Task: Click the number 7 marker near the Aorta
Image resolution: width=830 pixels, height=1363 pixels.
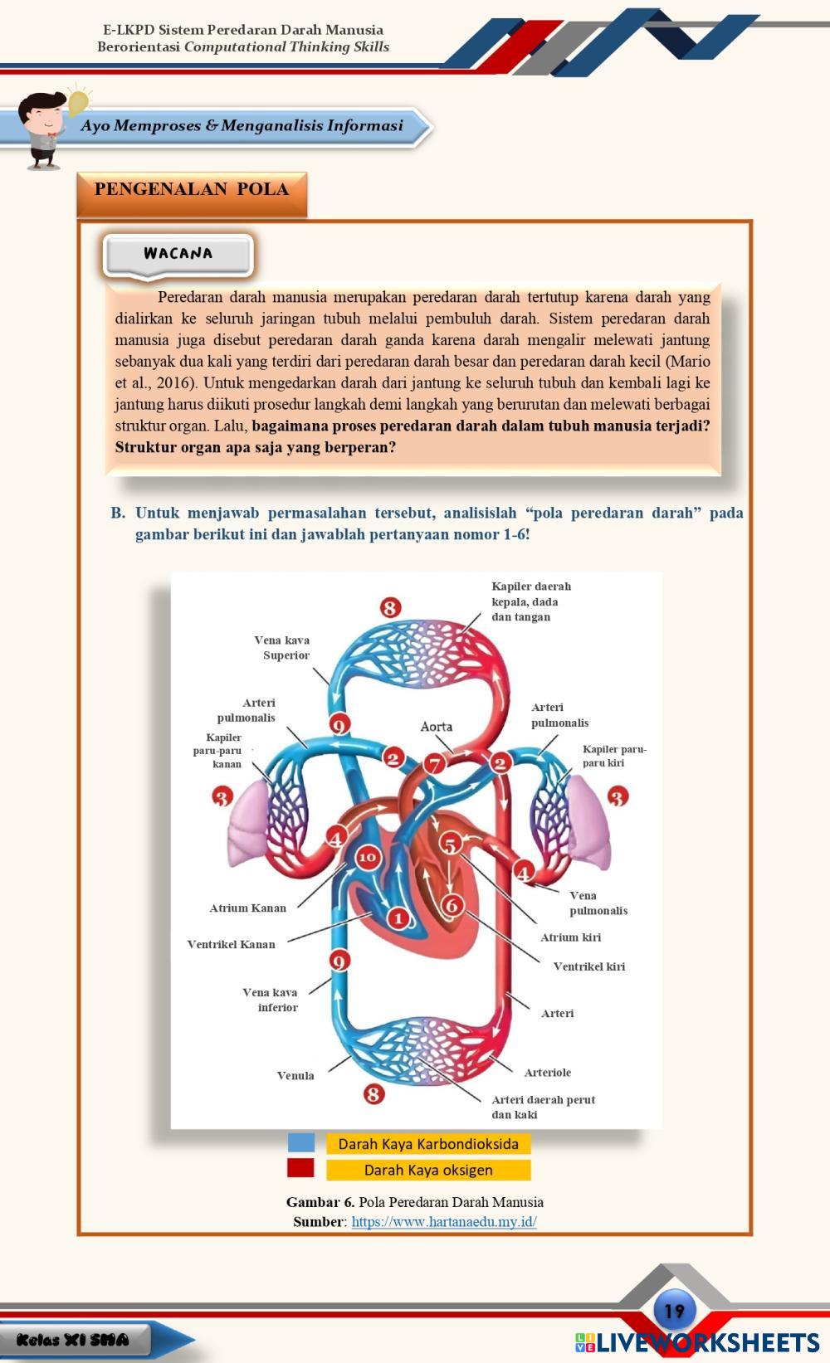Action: pyautogui.click(x=434, y=764)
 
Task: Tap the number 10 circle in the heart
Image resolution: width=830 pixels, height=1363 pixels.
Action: pyautogui.click(x=368, y=858)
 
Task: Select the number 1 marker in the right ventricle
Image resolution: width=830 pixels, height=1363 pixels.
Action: pyautogui.click(x=398, y=918)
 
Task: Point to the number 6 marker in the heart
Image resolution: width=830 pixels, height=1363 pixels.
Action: pyautogui.click(x=452, y=904)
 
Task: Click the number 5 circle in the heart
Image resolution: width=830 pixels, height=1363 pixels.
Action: pyautogui.click(x=449, y=845)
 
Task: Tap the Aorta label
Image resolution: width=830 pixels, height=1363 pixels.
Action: pyautogui.click(x=437, y=727)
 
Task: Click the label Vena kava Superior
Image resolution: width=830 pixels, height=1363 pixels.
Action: pyautogui.click(x=282, y=648)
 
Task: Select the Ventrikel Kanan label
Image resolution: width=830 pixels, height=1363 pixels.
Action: pyautogui.click(x=231, y=944)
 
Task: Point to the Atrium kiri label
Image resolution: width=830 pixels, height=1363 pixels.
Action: pyautogui.click(x=570, y=937)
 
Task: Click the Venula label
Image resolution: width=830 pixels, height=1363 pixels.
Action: pyautogui.click(x=295, y=1076)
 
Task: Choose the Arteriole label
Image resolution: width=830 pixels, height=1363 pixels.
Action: pyautogui.click(x=548, y=1073)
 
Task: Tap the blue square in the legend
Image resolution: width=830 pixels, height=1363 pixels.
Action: pyautogui.click(x=301, y=1143)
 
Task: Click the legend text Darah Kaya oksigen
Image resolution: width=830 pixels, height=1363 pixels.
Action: pyautogui.click(x=428, y=1170)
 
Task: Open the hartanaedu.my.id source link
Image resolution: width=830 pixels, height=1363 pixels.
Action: pyautogui.click(x=444, y=1221)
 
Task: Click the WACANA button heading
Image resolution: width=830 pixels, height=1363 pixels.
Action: pyautogui.click(x=178, y=254)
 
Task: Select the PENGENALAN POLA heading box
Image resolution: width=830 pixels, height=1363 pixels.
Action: pyautogui.click(x=192, y=190)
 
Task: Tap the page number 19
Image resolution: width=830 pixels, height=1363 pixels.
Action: pyautogui.click(x=675, y=1312)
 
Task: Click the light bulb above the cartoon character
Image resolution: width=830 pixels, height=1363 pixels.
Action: pyautogui.click(x=77, y=103)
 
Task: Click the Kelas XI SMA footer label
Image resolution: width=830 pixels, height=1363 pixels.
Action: pyautogui.click(x=73, y=1340)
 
